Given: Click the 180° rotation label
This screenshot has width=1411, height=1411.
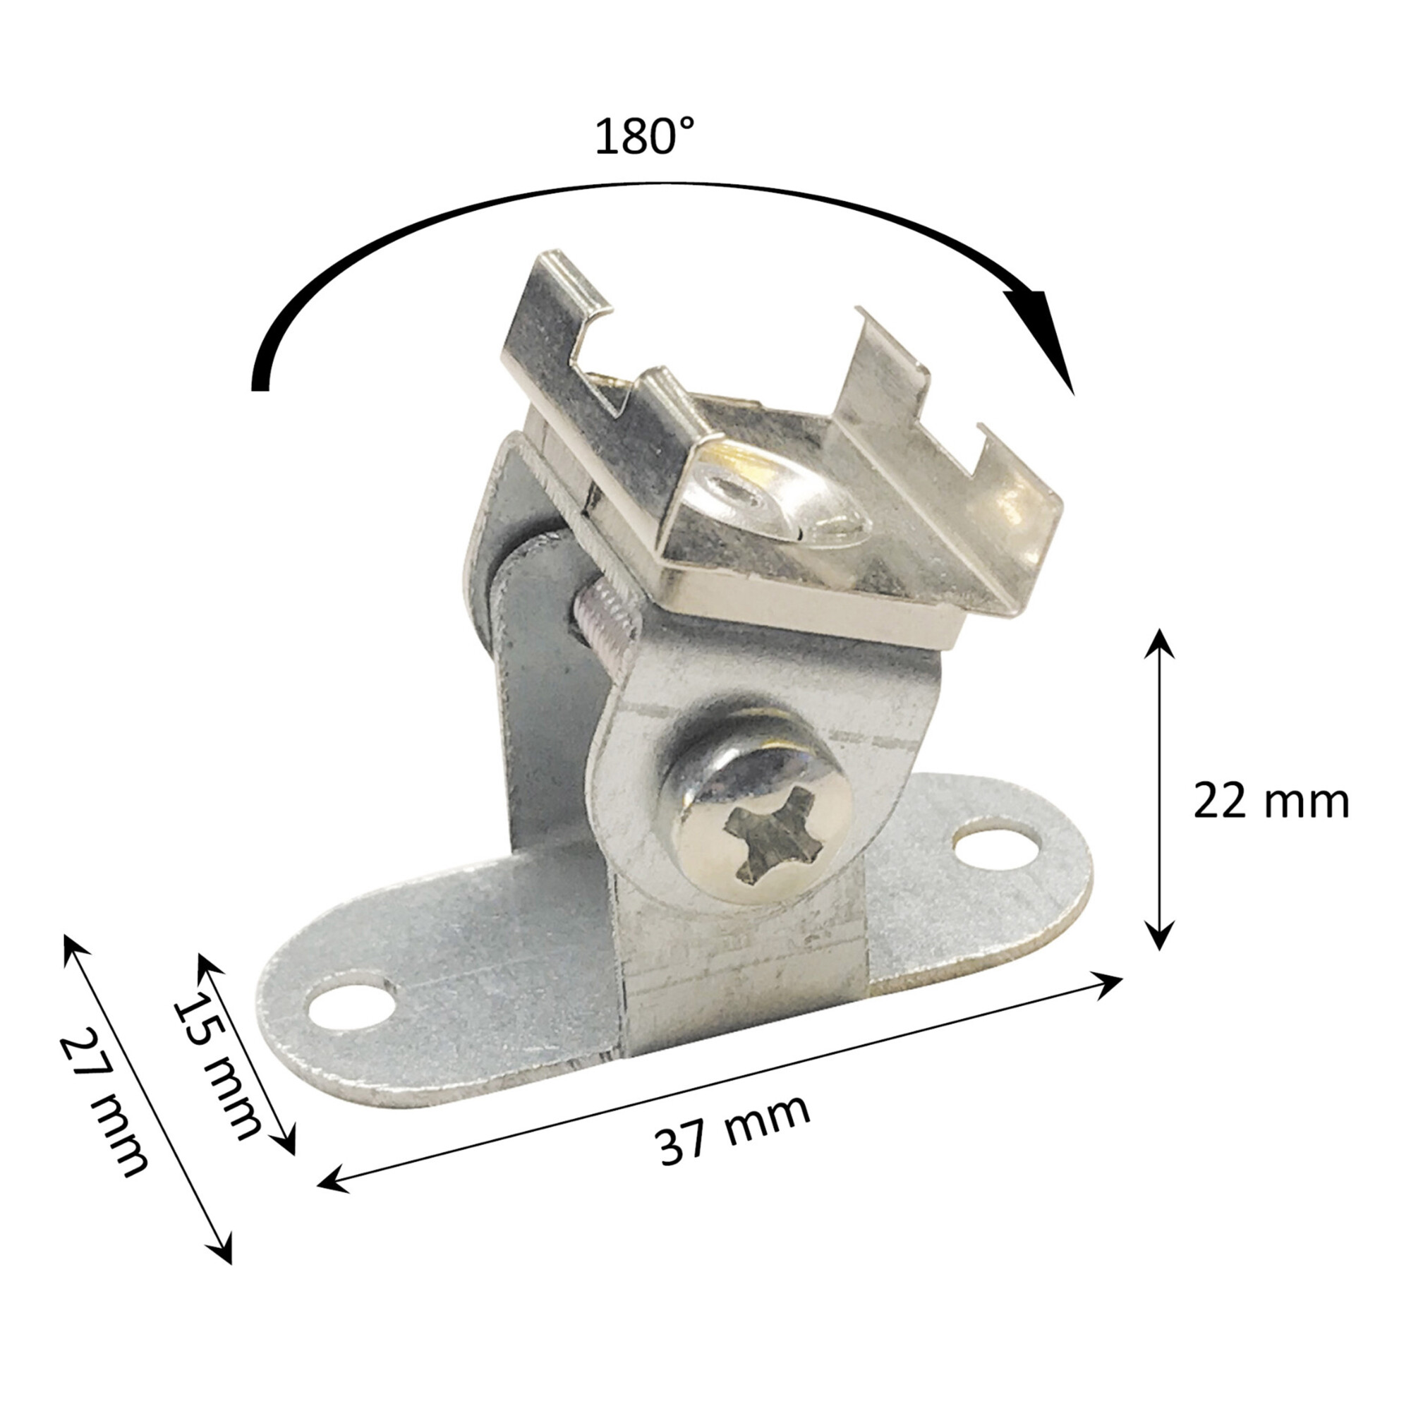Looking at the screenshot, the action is pyautogui.click(x=644, y=137).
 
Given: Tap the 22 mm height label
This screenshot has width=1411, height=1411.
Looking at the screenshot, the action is pyautogui.click(x=1271, y=801).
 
